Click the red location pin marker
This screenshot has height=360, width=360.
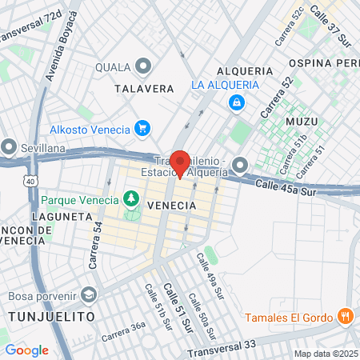[x=181, y=162]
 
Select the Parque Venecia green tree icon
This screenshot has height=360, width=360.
[x=130, y=198]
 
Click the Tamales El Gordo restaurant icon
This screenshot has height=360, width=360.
[x=345, y=315]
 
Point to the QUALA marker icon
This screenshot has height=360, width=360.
[x=143, y=66]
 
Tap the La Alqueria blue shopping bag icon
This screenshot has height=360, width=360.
[x=236, y=102]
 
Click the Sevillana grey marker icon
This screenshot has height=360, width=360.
[x=9, y=147]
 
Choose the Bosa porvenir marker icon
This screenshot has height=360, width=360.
[x=89, y=294]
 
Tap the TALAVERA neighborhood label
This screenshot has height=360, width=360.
[x=145, y=89]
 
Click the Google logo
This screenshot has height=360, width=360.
[x=26, y=350]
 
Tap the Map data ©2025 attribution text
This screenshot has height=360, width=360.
[x=324, y=354]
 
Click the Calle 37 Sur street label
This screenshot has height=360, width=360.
[x=330, y=22]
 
